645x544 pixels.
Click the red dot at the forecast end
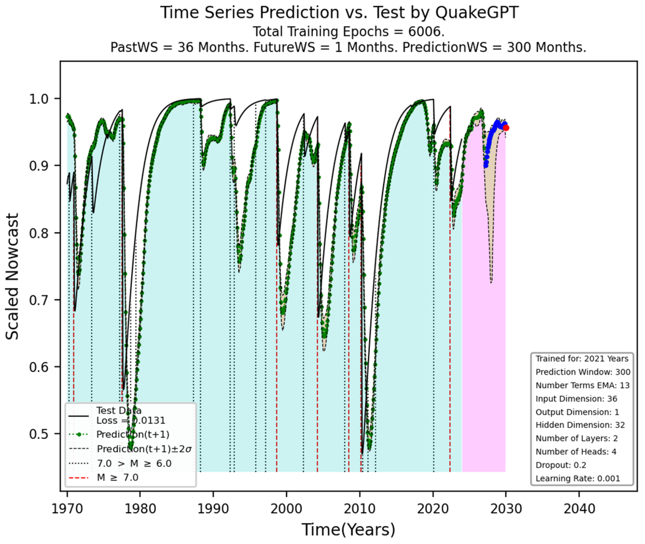506,128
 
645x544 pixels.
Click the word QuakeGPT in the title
477,13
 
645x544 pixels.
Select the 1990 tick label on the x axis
213,508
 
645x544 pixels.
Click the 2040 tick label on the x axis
579,508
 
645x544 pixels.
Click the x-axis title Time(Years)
348,529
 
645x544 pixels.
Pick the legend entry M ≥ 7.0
117,477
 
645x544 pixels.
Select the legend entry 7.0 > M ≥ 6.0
134,463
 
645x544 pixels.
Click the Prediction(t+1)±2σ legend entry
144,449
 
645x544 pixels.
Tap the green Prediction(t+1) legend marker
79,435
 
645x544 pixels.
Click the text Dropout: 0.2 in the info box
560,465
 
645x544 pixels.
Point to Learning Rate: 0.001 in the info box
577,478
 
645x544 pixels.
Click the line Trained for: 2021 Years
581,359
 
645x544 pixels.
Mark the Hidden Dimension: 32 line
580,425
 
